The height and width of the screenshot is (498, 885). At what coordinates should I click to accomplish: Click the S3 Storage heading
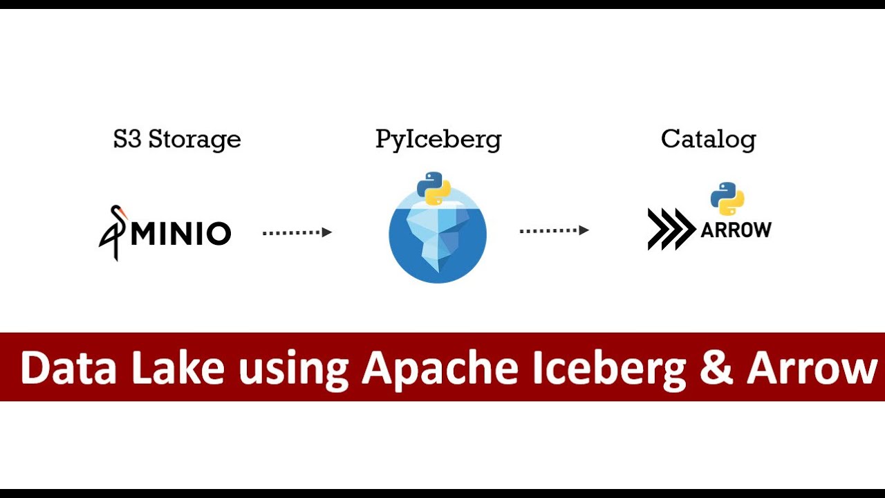point(177,140)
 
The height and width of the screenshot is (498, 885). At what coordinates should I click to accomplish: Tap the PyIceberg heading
point(438,140)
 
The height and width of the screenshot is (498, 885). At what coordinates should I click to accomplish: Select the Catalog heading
point(708,140)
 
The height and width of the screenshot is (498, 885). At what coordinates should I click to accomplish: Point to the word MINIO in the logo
point(180,234)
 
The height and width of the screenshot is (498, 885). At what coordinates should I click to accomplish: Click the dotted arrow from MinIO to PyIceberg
point(297,232)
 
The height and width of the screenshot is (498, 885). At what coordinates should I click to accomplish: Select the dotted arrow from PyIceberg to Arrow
point(554,230)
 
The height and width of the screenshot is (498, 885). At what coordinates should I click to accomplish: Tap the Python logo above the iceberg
point(434,188)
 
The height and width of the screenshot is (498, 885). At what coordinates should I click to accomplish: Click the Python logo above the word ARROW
point(727,199)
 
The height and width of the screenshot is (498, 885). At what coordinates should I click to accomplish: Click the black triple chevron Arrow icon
point(671,229)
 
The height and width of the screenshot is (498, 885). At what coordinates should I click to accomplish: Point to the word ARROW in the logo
point(736,230)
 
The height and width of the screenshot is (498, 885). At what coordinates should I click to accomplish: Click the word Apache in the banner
point(440,369)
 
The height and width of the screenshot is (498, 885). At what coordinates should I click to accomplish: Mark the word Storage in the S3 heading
point(194,140)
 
